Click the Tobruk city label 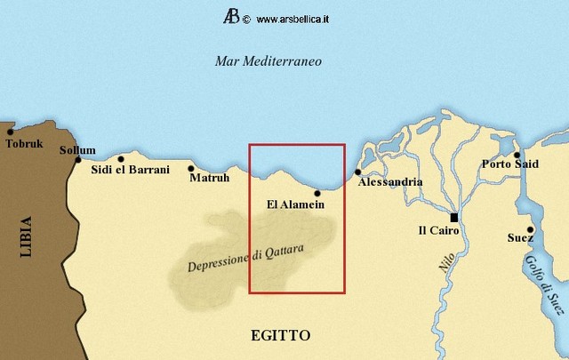24,143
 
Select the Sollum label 77,149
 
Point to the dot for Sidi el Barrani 121,159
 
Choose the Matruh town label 210,178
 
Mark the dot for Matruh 191,167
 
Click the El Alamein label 295,204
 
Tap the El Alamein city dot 317,192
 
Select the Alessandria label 389,182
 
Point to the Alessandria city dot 358,172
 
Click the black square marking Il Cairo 453,217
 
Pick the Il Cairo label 438,230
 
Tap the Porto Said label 509,164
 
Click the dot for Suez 530,228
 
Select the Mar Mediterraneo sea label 268,61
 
